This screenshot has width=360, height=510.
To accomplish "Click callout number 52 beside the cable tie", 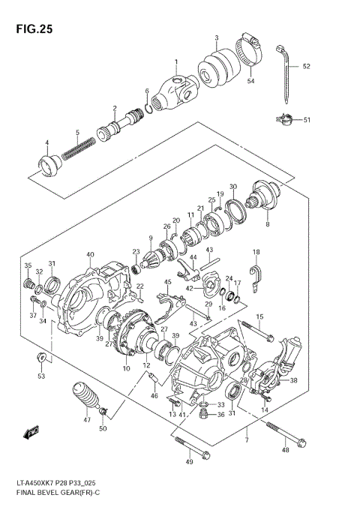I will [306, 66].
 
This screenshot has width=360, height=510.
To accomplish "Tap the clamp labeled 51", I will [285, 118].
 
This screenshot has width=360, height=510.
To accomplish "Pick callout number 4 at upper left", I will [46, 143].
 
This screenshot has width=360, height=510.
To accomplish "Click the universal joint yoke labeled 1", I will [176, 91].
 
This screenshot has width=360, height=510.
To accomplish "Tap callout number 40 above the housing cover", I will [90, 255].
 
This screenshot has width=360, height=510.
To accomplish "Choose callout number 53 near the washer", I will [41, 376].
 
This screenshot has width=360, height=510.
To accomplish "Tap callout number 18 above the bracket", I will [256, 252].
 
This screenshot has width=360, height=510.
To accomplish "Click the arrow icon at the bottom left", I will [31, 432].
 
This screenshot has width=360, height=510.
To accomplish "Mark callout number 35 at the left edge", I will [28, 266].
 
